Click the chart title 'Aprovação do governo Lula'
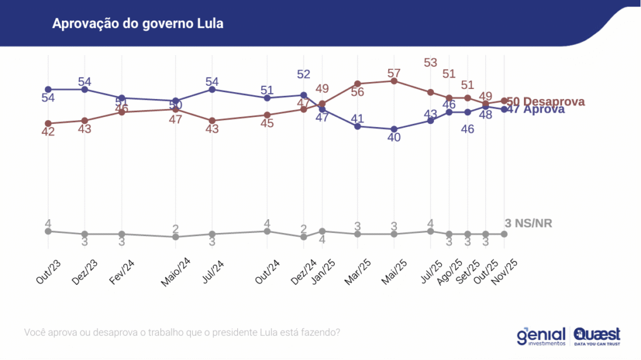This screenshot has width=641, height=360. point(138,24)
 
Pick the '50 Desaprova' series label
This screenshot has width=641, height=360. point(545,101)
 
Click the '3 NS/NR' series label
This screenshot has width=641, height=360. point(528,224)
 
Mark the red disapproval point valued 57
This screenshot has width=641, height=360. point(394,81)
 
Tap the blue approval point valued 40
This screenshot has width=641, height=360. point(394,129)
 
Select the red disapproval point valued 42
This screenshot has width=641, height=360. point(48,123)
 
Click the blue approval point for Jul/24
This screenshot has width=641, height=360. point(212,90)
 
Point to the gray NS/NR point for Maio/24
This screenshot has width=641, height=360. point(176,237)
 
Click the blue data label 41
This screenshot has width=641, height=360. point(357,118)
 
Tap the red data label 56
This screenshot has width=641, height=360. point(357,91)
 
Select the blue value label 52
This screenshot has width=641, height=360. point(304,75)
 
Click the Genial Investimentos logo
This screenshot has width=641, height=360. point(541,336)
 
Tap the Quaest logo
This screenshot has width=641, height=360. point(597,336)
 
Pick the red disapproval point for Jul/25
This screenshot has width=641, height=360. point(431,92)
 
